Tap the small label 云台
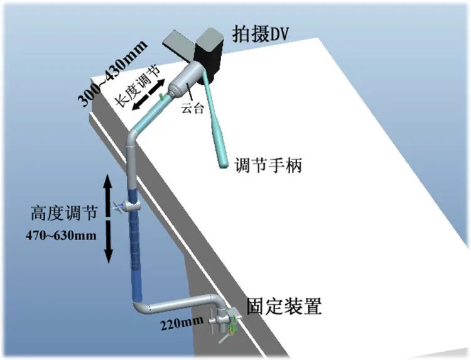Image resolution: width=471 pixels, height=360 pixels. click(192, 108)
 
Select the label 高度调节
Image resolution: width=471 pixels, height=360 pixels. click(63, 213)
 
